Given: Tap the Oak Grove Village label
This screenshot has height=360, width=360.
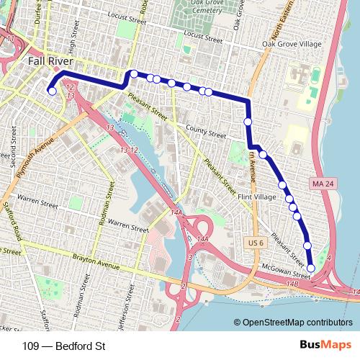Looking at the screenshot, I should point(293,45).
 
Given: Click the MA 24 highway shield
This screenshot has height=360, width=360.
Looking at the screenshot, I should point(322,185).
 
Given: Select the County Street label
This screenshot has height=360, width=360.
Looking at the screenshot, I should point(204,132).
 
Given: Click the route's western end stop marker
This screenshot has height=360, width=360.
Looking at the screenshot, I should point(52,91).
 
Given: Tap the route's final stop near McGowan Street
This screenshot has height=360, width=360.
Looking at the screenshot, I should point(311,269).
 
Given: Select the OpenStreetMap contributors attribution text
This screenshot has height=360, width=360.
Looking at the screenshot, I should point(293,323).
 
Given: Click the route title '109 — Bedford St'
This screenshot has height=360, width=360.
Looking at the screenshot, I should point(64,346).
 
